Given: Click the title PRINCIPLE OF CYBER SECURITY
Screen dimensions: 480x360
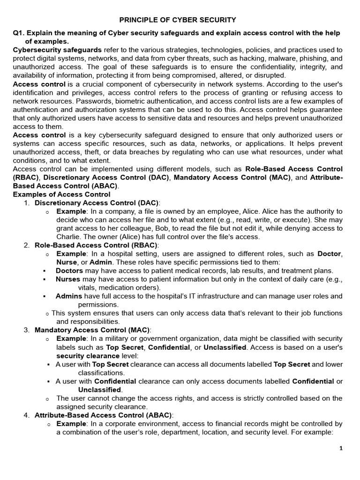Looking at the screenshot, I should click(x=178, y=20).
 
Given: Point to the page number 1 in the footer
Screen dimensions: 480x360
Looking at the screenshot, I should click(x=341, y=448).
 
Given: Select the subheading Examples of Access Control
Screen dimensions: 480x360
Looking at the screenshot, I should click(x=61, y=194).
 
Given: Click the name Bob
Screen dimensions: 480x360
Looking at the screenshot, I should click(x=159, y=228).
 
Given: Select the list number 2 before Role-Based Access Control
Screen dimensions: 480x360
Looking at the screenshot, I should click(x=26, y=245).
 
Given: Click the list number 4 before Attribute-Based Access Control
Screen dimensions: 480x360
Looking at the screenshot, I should click(x=26, y=415).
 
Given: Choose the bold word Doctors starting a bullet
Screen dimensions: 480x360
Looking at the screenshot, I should click(x=69, y=270).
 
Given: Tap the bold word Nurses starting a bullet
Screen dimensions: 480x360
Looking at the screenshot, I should click(x=68, y=279).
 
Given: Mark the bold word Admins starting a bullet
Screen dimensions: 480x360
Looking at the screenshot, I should click(x=69, y=296).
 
